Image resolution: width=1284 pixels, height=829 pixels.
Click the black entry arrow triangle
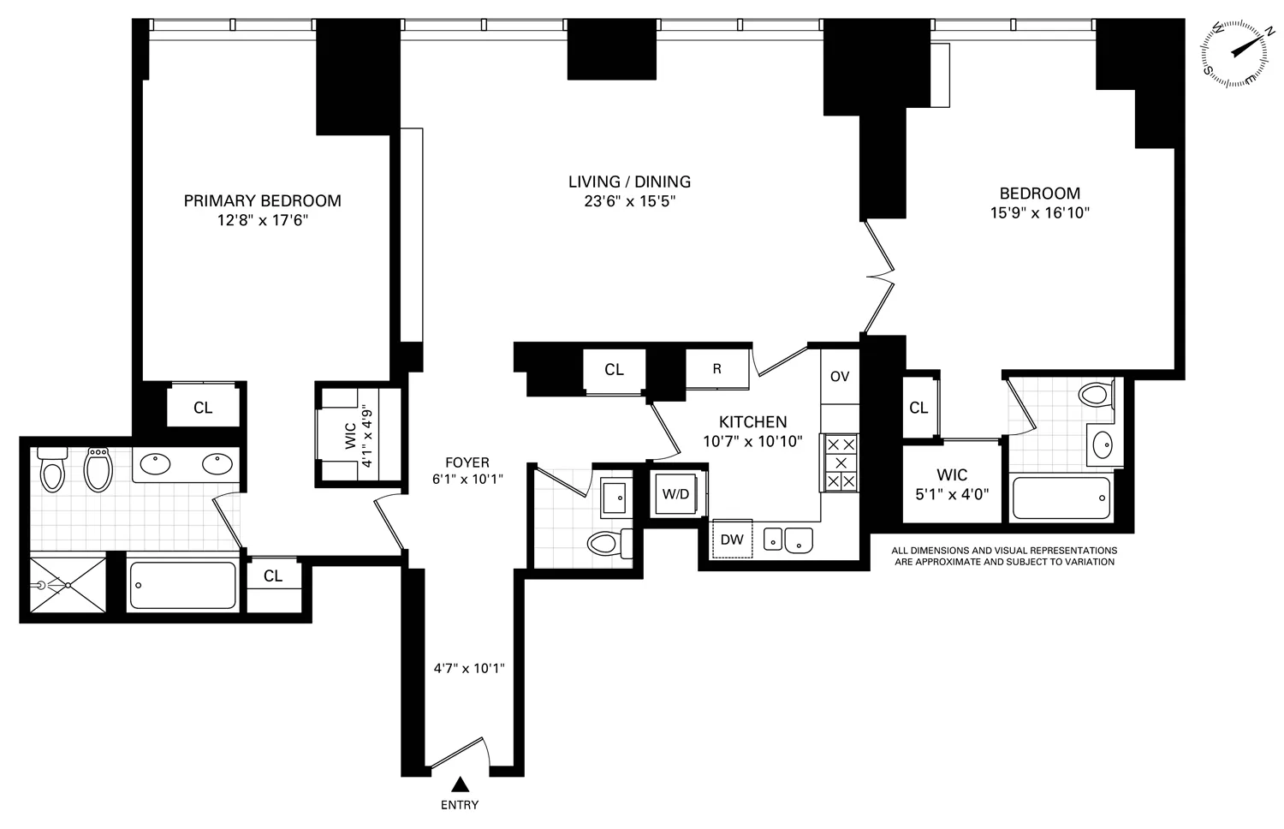[461, 783]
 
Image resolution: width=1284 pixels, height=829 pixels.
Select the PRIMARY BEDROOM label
[262, 200]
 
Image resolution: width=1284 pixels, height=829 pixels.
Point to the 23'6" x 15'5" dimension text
[629, 202]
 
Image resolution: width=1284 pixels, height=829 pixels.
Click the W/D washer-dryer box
[676, 494]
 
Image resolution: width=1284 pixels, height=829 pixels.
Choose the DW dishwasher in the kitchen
[732, 539]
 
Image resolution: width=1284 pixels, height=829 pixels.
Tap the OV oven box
[840, 376]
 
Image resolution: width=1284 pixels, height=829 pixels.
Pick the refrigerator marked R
[717, 369]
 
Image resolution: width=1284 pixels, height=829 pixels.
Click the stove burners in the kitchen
[840, 462]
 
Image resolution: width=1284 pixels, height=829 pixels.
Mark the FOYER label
[467, 462]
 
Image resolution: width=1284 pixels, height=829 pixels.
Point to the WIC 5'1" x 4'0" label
[952, 484]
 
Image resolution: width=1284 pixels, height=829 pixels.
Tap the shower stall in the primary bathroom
[68, 585]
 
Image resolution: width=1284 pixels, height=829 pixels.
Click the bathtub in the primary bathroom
[182, 585]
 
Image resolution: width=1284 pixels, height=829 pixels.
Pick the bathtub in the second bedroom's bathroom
[1061, 498]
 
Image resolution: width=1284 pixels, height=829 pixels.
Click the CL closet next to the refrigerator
[614, 370]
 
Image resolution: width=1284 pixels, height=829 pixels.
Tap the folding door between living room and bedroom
[879, 277]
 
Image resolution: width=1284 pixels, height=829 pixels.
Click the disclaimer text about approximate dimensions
[1003, 556]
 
